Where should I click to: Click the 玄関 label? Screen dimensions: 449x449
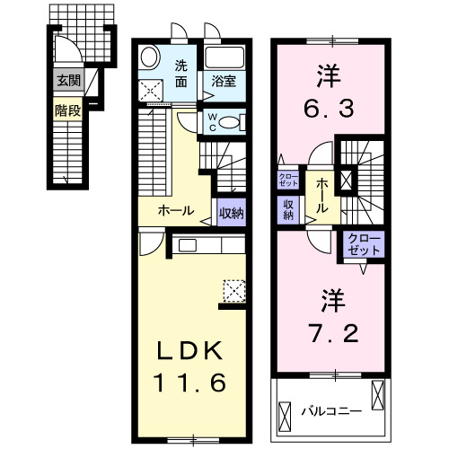click(67, 80)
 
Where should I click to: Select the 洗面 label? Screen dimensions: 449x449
click(181, 74)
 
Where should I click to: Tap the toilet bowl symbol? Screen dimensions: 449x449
click(231, 122)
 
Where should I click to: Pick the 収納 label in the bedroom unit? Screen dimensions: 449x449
click(289, 209)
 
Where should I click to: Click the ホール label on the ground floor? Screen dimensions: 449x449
click(176, 210)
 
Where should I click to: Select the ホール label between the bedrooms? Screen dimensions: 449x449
click(321, 195)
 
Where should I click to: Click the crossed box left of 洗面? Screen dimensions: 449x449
click(152, 90)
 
